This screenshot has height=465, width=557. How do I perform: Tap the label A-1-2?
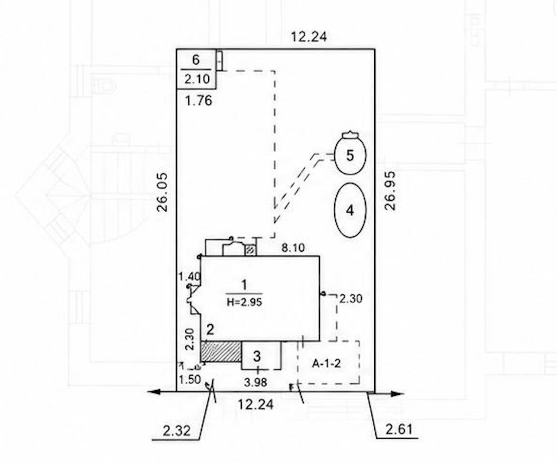pos(326,364)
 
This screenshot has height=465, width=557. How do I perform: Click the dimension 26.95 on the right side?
pos(390,191)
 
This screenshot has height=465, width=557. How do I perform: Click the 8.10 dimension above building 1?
pos(293,248)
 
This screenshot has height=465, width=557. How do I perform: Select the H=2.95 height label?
pos(244,302)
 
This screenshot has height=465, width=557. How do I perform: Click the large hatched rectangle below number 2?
pos(221,352)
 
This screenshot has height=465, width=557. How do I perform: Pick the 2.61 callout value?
pos(399,429)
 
